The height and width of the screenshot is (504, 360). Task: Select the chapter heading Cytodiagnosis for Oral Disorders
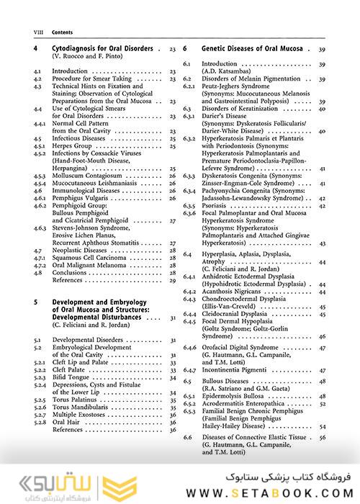(x=103, y=49)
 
